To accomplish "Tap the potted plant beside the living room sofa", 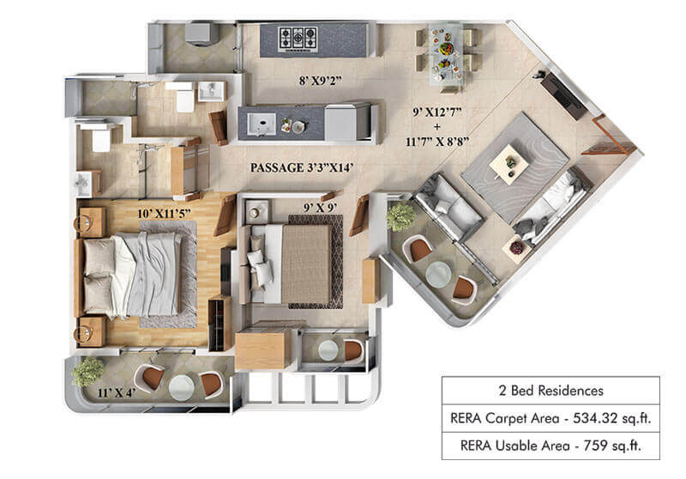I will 400,216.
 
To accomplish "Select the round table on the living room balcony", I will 438,274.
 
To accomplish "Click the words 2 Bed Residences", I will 551,391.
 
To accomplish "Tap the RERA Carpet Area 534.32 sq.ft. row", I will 551,420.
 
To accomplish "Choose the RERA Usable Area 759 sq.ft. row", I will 551,446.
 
